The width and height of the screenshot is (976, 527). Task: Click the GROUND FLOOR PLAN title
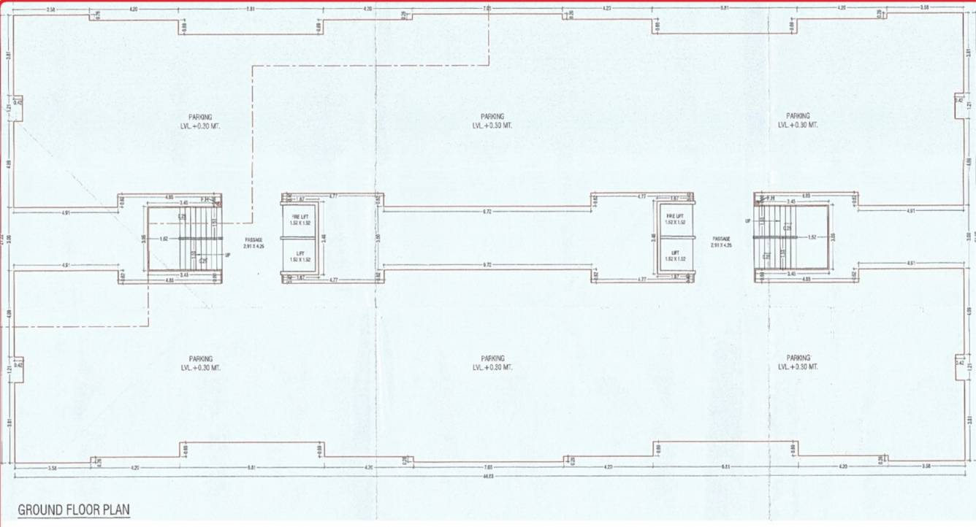pos(74,509)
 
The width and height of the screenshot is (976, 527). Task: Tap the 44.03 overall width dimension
pos(489,476)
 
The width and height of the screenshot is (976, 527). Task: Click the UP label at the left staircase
pos(227,255)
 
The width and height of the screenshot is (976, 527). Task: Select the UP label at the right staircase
pos(747,220)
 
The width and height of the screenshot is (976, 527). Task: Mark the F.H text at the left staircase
pos(206,199)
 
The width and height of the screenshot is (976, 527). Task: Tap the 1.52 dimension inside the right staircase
pos(811,237)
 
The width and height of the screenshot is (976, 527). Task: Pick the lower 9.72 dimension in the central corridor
pos(487,263)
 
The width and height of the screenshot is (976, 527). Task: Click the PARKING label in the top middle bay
pos(492,116)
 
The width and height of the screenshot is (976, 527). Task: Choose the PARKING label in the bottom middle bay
pos(492,358)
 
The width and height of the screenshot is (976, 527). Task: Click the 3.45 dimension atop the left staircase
pos(184,203)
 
